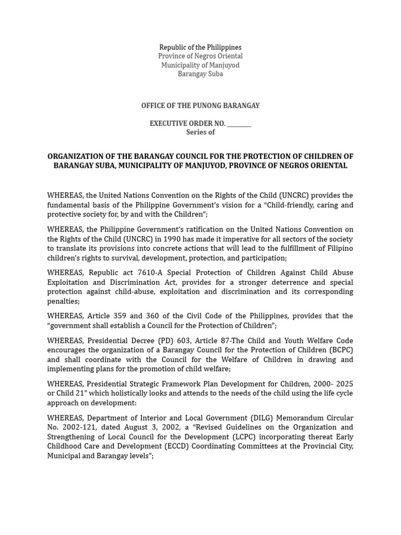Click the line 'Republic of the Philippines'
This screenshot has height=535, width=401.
point(200,48)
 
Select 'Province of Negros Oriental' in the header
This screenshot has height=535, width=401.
point(200,56)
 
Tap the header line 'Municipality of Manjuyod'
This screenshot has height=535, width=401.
point(200,65)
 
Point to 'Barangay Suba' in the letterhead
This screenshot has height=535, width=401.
point(200,74)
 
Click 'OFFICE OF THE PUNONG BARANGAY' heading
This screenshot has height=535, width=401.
point(200,106)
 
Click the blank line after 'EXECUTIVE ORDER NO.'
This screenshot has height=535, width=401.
point(239,124)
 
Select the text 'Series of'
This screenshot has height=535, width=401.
point(200,132)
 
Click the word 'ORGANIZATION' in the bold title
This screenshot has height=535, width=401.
point(73,156)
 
